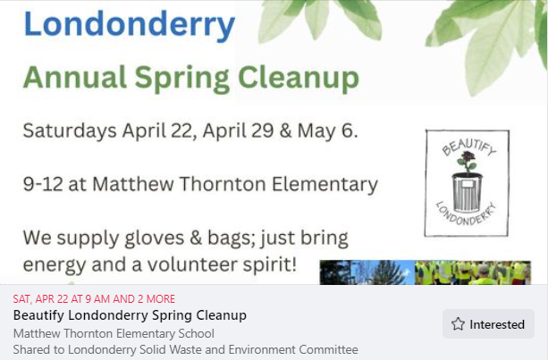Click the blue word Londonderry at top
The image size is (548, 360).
130,25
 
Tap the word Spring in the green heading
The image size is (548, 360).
181,79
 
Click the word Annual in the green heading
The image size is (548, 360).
74,77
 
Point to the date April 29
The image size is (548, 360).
238,130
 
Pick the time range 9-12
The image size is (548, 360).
43,184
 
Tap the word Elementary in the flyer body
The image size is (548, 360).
325,185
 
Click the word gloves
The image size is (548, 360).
154,239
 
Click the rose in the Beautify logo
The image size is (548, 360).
468,162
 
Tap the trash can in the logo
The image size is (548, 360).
467,192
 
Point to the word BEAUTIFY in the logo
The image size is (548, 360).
468,147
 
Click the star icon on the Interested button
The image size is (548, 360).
458,324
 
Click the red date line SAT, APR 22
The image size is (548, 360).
94,299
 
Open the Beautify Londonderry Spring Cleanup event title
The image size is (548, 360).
130,315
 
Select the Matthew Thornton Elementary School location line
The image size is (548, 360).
114,333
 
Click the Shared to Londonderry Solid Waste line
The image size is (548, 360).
186,349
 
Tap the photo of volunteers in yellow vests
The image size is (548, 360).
473,272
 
